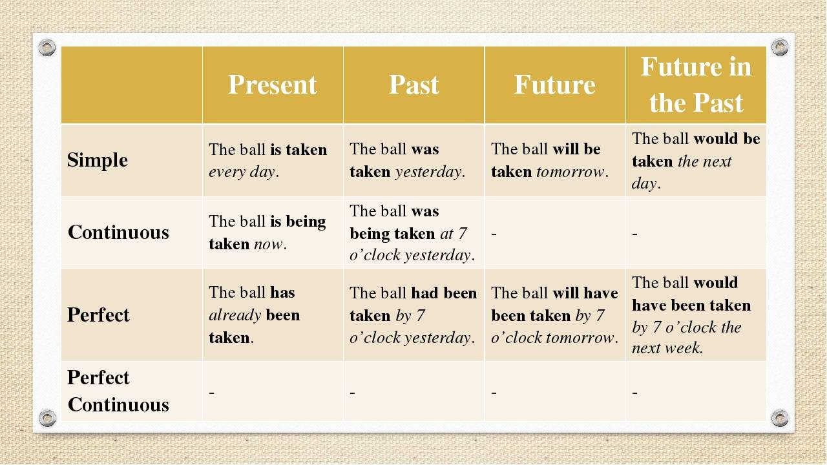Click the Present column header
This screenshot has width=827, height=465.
click(273, 85)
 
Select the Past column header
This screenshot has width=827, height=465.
click(414, 85)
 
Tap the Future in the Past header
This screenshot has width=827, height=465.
click(696, 85)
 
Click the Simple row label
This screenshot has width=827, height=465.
click(98, 160)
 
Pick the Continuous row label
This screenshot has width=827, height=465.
click(118, 232)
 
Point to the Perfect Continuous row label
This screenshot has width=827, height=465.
click(118, 391)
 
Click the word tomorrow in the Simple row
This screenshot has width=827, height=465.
click(570, 172)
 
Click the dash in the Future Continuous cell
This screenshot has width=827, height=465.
click(494, 234)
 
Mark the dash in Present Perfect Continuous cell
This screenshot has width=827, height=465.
click(211, 392)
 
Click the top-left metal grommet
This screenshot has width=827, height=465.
click(47, 47)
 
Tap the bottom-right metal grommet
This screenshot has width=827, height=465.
click(780, 418)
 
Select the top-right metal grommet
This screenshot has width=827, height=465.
click(780, 47)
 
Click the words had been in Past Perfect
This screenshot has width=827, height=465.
click(444, 293)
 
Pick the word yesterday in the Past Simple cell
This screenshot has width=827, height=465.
click(428, 172)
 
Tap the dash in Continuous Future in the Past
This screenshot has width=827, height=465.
click(634, 234)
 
